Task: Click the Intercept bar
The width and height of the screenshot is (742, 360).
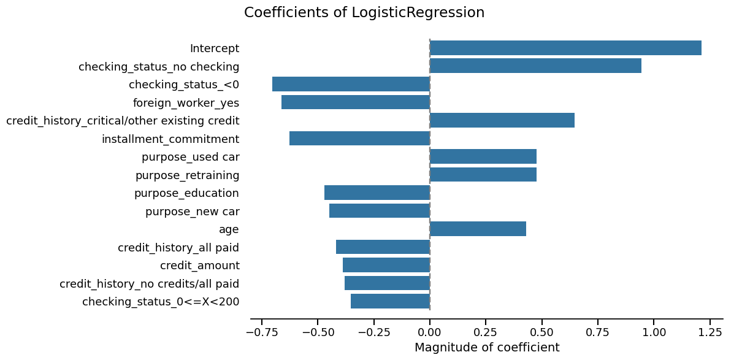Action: (x=565, y=48)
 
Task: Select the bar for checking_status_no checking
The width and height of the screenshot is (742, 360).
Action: (x=535, y=66)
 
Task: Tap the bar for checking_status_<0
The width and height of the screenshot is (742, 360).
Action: (x=351, y=84)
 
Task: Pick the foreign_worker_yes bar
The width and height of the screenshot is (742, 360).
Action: (x=356, y=102)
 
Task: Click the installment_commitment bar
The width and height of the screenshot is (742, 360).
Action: (x=359, y=138)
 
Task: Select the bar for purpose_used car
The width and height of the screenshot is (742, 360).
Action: (x=483, y=156)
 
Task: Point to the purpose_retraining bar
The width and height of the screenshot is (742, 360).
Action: (x=483, y=174)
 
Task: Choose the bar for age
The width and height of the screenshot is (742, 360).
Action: (x=478, y=229)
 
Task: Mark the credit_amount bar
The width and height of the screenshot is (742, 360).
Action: (x=386, y=265)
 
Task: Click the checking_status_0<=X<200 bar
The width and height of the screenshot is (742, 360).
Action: (x=390, y=301)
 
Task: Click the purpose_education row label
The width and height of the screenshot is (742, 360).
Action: (x=186, y=193)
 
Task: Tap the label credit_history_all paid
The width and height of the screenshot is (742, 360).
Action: (x=178, y=248)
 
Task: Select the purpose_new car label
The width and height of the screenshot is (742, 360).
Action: (x=192, y=212)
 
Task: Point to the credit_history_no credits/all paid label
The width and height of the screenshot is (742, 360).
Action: (x=149, y=284)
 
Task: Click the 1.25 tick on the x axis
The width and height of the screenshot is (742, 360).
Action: (x=709, y=332)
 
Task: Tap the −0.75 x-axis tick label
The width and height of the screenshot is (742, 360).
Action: (x=261, y=332)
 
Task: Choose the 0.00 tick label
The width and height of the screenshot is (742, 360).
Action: (x=430, y=332)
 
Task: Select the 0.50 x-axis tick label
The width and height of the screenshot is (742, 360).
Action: (x=541, y=332)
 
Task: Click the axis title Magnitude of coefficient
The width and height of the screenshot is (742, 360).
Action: (x=487, y=348)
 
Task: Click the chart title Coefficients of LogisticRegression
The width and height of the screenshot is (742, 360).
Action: (x=364, y=13)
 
